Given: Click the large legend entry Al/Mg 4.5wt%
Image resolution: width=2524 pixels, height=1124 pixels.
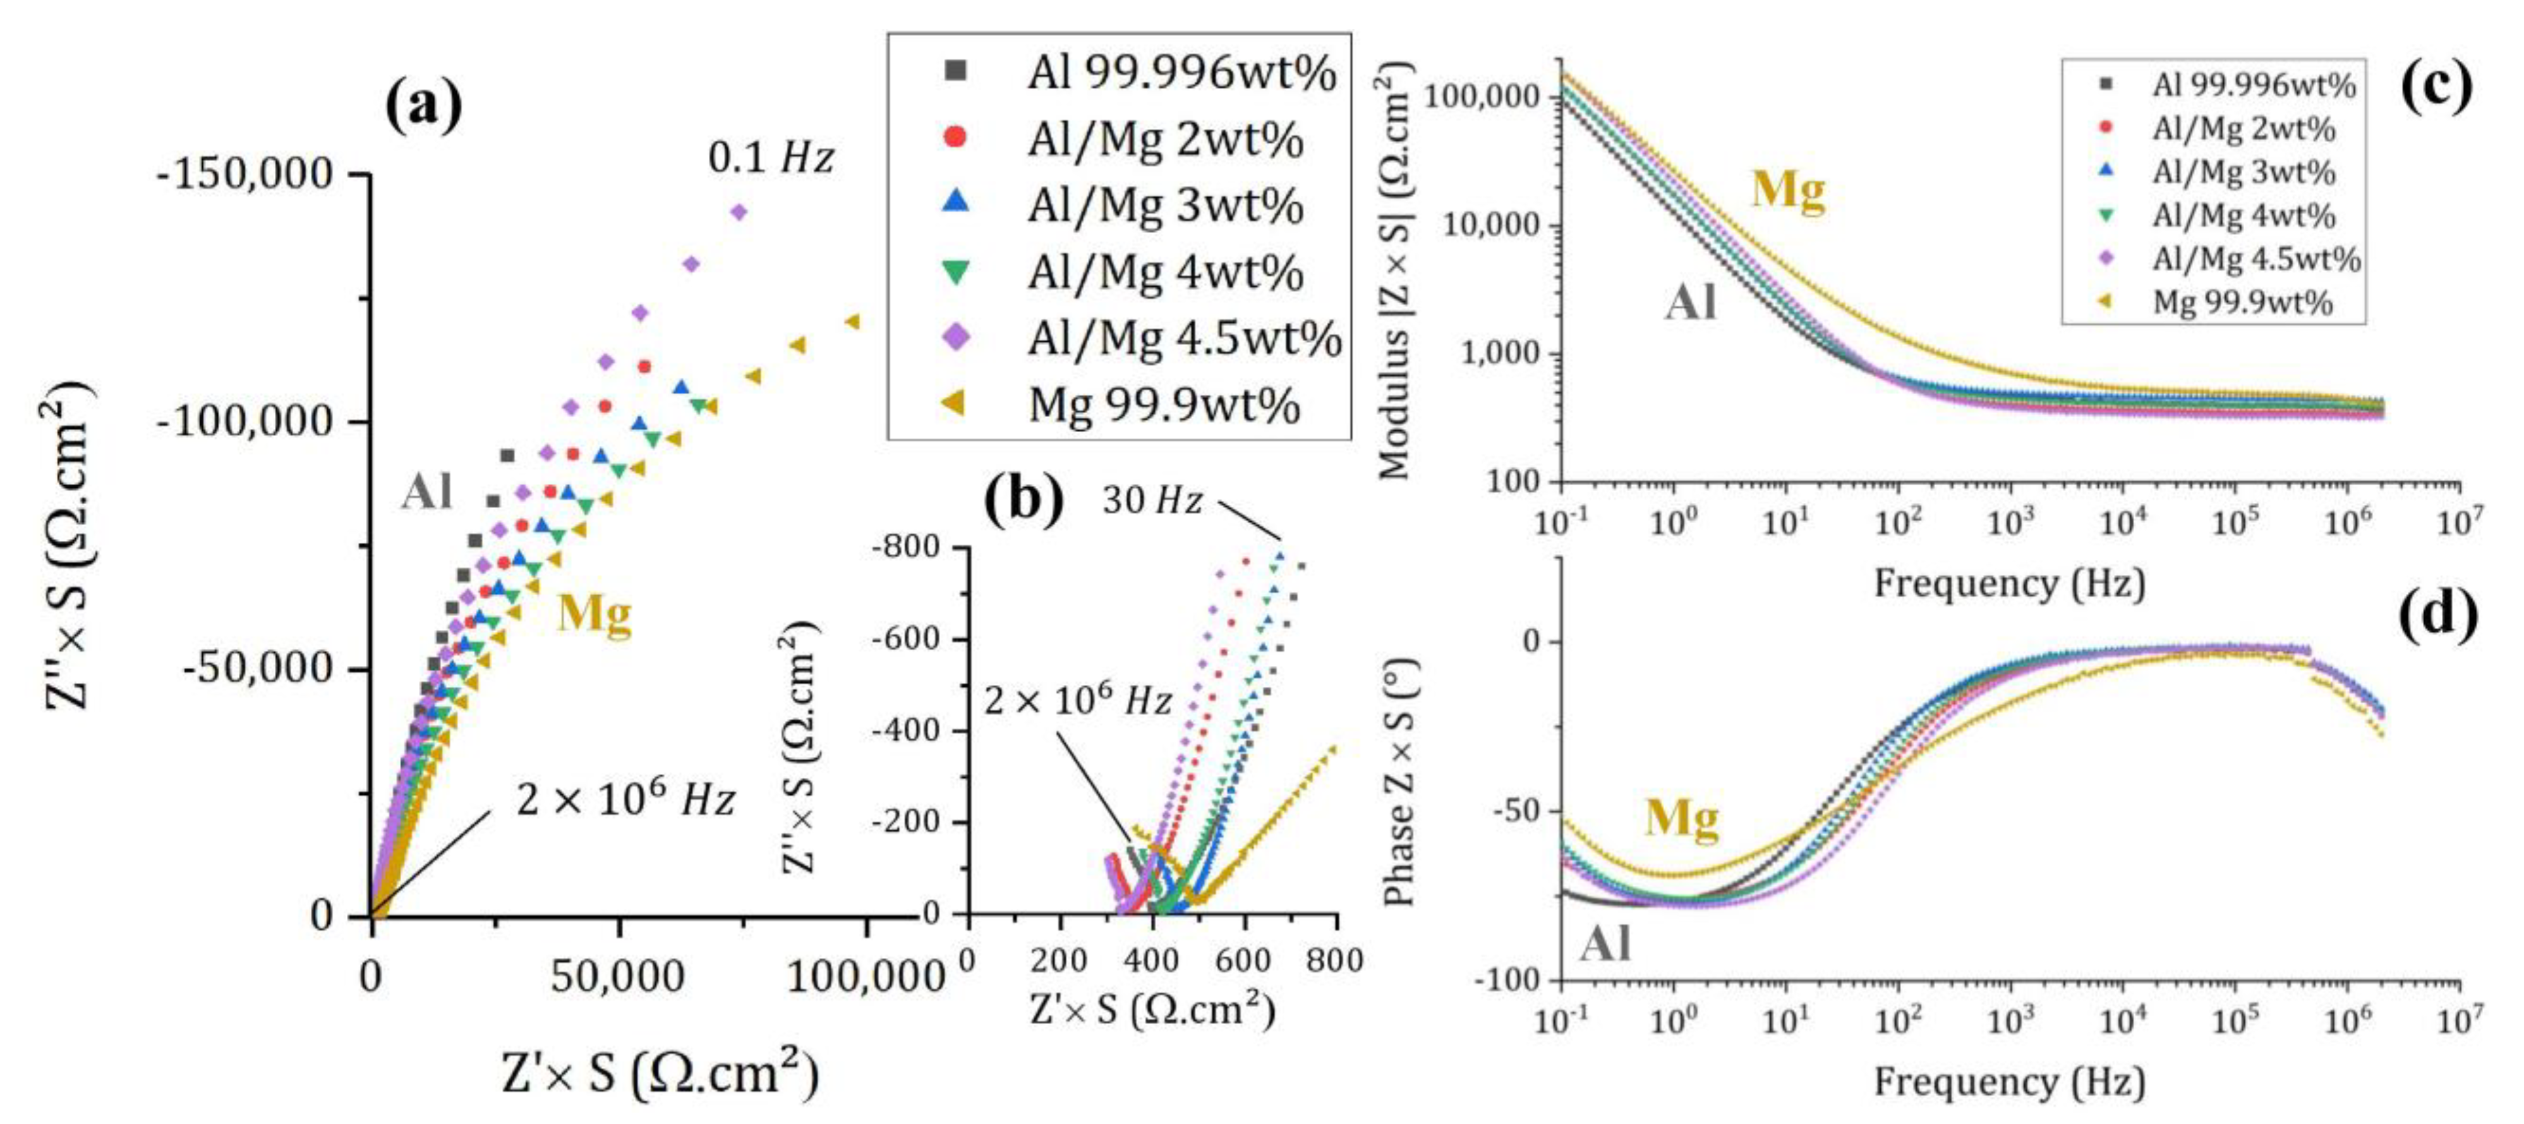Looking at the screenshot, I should [1183, 338].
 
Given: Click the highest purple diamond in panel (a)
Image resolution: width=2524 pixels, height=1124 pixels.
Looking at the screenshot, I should [739, 212].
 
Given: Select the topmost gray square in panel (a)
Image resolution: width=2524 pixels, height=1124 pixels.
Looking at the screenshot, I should [507, 455].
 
